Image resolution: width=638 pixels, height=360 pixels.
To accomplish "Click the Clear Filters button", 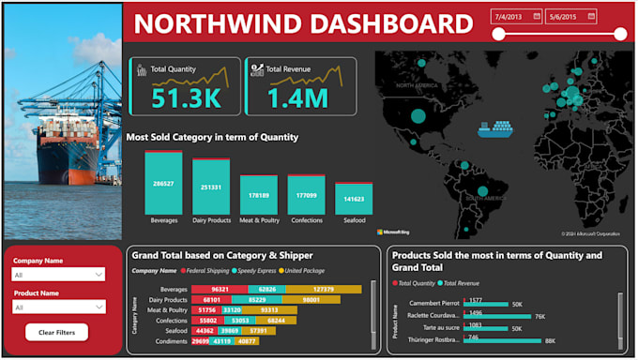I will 57,332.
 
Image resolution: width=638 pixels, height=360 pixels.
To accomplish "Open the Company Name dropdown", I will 58,275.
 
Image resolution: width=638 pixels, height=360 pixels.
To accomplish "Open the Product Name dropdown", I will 58,307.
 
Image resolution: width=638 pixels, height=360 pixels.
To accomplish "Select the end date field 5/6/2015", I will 570,16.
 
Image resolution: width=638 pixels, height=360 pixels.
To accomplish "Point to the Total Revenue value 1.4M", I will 297,97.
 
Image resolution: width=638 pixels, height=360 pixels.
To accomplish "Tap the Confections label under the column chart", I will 306,220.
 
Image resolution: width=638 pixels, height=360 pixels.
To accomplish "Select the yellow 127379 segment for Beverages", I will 324,290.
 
